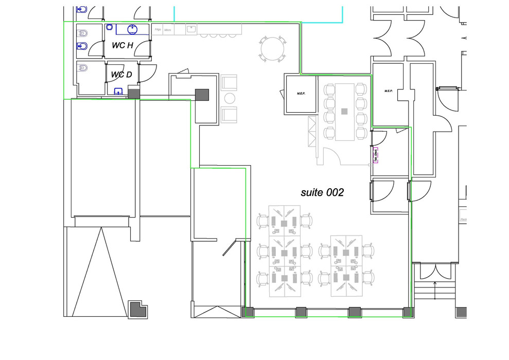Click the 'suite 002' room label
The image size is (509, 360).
coord(322,193)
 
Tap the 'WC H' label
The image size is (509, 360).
coord(122,45)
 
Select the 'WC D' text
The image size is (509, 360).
coord(121,75)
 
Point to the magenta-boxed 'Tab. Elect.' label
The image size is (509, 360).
coord(376,155)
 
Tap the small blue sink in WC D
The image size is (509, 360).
coord(119,92)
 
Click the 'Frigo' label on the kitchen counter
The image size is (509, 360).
coord(159,30)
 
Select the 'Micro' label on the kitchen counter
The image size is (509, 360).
coord(168,30)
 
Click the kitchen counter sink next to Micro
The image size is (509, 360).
coord(191,29)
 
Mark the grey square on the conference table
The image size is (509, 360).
coord(344,111)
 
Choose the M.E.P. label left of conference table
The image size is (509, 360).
coord(301,94)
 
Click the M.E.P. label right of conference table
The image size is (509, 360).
coord(389,91)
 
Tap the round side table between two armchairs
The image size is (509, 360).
coord(230,98)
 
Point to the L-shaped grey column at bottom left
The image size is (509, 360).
coord(137,310)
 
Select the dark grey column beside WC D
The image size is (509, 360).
coord(134,94)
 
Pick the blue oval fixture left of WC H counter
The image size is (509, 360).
coord(109,28)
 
